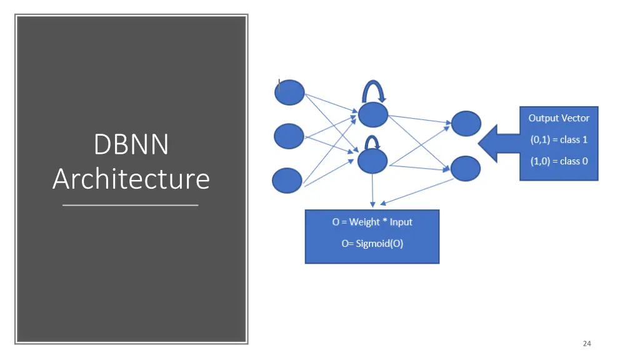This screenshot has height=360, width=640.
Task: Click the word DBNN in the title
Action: pyautogui.click(x=131, y=145)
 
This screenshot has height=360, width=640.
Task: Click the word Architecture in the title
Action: pyautogui.click(x=131, y=179)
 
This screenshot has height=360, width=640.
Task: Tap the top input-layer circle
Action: pyautogui.click(x=289, y=93)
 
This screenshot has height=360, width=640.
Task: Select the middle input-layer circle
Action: pyautogui.click(x=289, y=136)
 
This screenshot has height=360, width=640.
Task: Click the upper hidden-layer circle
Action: pyautogui.click(x=373, y=114)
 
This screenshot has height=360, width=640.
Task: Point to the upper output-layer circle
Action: pyautogui.click(x=466, y=124)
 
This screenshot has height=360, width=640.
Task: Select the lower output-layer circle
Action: pyautogui.click(x=466, y=168)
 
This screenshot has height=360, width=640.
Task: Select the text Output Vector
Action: pyautogui.click(x=559, y=117)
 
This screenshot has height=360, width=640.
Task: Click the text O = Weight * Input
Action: pyautogui.click(x=372, y=222)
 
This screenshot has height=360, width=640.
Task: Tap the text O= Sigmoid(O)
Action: pyautogui.click(x=372, y=244)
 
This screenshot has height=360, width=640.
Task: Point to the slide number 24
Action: pyautogui.click(x=586, y=343)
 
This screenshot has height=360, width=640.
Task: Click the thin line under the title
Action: pyautogui.click(x=131, y=205)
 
